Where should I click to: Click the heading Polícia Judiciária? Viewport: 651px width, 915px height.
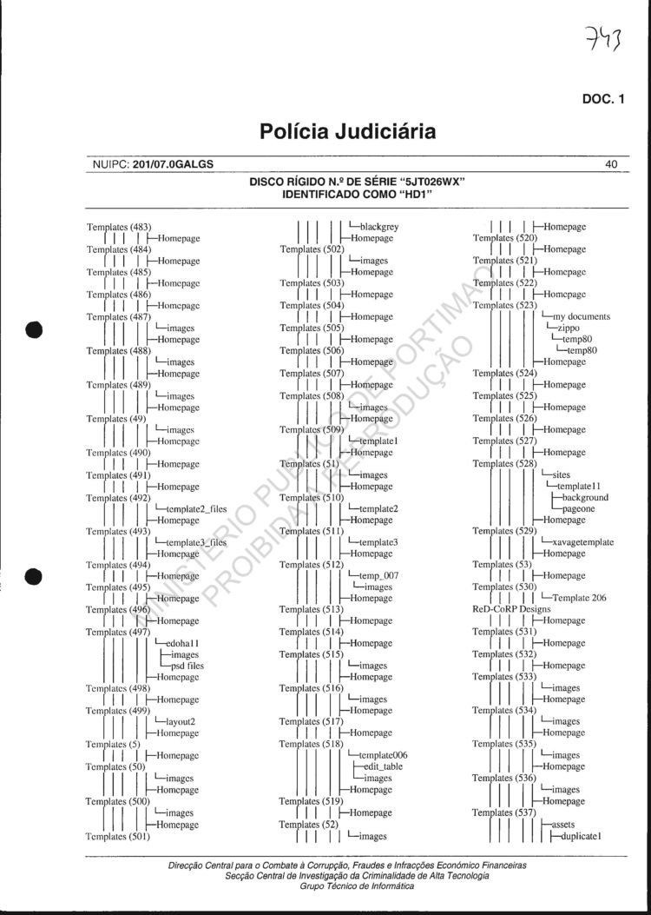pyautogui.click(x=347, y=132)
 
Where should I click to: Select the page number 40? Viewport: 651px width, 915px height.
pyautogui.click(x=611, y=163)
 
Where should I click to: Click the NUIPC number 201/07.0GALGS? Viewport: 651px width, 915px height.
pyautogui.click(x=174, y=163)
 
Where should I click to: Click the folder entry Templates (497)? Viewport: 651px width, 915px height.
pyautogui.click(x=119, y=633)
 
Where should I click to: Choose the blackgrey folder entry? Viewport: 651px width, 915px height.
pyautogui.click(x=378, y=227)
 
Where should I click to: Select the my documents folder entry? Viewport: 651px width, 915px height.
pyautogui.click(x=582, y=317)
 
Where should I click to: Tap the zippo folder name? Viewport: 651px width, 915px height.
pyautogui.click(x=569, y=328)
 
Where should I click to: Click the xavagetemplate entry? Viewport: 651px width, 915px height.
pyautogui.click(x=582, y=542)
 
